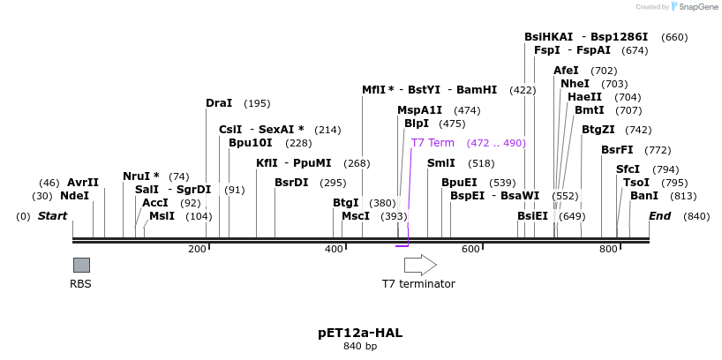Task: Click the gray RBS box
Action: [81, 265]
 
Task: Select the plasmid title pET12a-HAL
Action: [360, 333]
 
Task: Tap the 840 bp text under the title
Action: [360, 347]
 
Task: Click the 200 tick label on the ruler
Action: [197, 250]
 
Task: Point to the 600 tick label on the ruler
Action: [470, 250]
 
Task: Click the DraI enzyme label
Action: [219, 103]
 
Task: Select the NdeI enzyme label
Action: [74, 196]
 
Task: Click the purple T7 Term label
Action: [432, 143]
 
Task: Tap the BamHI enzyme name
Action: [477, 90]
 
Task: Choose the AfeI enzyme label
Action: [566, 71]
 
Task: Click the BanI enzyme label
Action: [643, 196]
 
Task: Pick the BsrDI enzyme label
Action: [291, 183]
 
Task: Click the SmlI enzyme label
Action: [441, 163]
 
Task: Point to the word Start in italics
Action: [52, 216]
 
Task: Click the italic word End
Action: [659, 216]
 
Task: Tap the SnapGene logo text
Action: [697, 7]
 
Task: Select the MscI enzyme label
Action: [355, 216]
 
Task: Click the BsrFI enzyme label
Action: [617, 150]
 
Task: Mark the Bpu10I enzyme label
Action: [250, 143]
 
